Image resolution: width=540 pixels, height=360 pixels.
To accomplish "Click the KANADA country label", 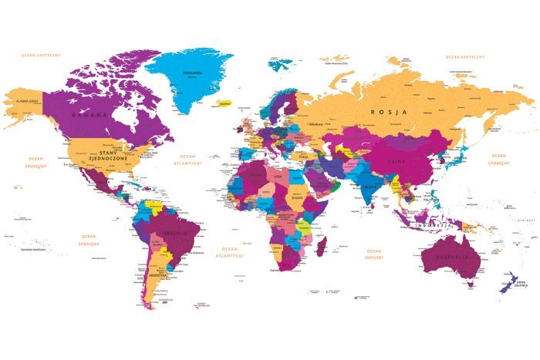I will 86,115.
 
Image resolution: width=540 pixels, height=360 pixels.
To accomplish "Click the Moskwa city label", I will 316,123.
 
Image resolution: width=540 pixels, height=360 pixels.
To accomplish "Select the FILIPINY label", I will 430,198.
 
